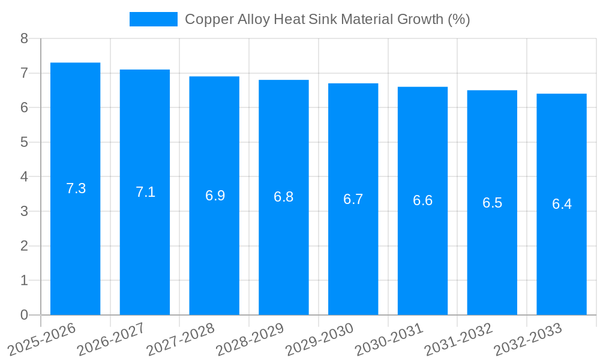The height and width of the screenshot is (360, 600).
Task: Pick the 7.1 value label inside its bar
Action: pos(145,192)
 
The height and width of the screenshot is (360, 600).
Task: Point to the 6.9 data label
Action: pos(215,196)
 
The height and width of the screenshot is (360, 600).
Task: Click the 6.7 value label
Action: pos(353,199)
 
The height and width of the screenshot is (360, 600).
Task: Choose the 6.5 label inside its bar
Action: pos(492,203)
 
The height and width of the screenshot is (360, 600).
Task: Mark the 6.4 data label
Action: pos(562,204)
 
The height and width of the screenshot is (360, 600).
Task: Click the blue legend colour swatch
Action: pos(154,19)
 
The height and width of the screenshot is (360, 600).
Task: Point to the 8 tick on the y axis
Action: pos(24,38)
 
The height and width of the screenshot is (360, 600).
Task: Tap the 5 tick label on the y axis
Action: pos(24,142)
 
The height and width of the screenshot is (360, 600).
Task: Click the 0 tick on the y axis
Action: pos(24,315)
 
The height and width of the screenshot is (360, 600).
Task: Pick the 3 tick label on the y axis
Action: pos(24,211)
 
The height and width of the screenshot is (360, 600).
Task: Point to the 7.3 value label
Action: pos(76,188)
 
